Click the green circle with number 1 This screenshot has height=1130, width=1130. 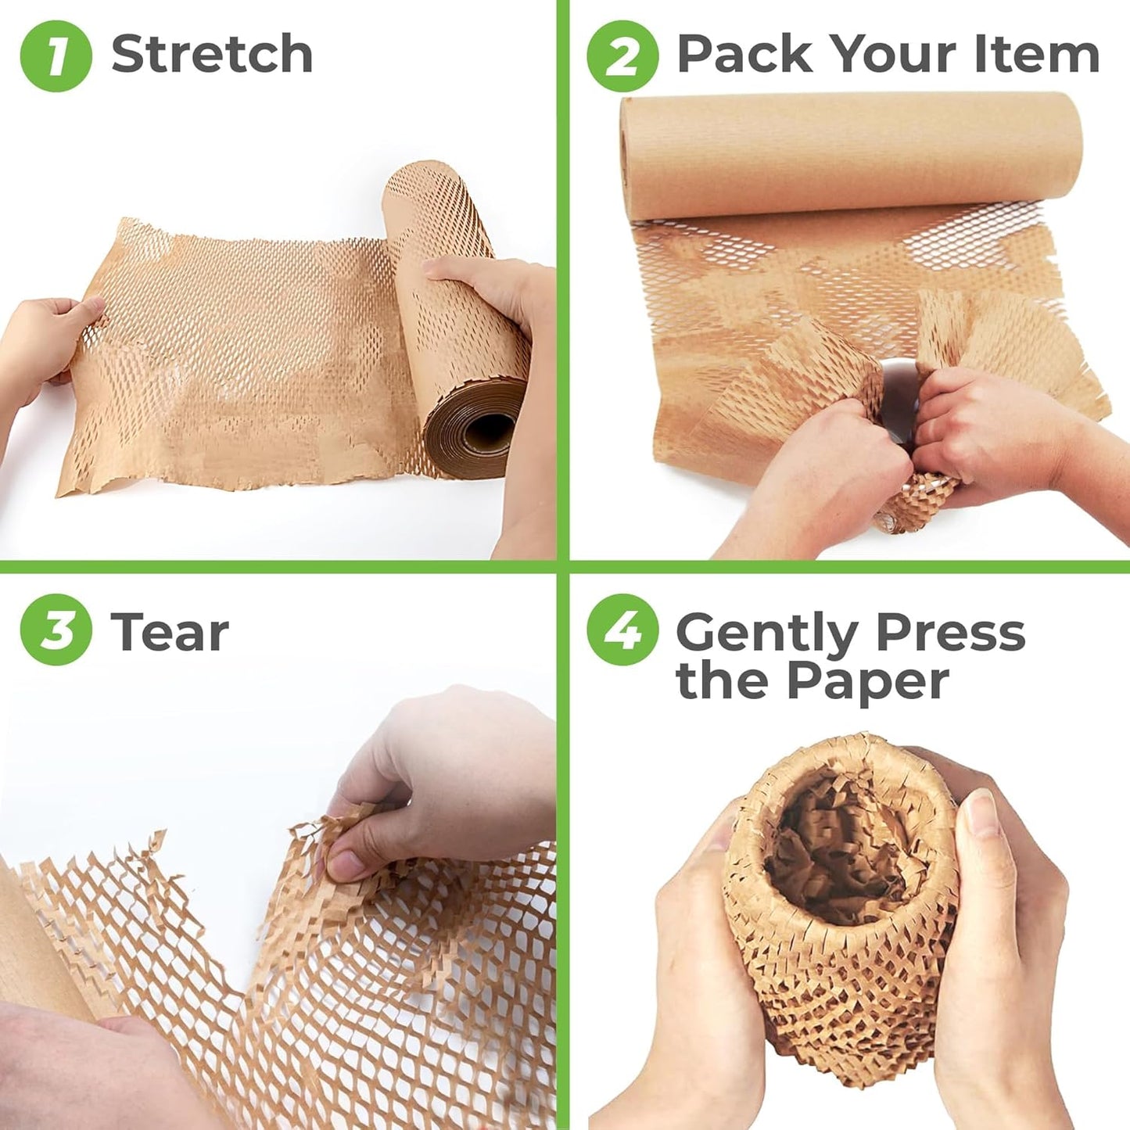[x=56, y=56]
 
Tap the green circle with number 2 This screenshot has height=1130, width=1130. [x=622, y=56]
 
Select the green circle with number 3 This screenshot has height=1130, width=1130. [x=56, y=630]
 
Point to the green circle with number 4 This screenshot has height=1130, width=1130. [x=622, y=630]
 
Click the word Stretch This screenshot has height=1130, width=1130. [x=212, y=54]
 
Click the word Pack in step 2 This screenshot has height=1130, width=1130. [x=744, y=54]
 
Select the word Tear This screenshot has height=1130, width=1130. [x=170, y=632]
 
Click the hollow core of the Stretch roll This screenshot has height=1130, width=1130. [x=488, y=429]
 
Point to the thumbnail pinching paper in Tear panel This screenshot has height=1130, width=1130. [x=345, y=865]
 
